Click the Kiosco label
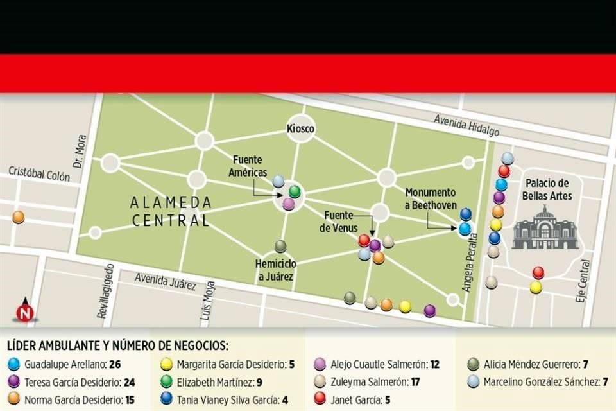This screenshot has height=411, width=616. pyautogui.click(x=300, y=130)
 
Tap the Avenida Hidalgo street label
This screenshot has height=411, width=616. pyautogui.click(x=466, y=125)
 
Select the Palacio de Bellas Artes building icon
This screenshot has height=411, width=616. pyautogui.click(x=545, y=228)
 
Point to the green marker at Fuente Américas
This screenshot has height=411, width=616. pyautogui.click(x=295, y=191)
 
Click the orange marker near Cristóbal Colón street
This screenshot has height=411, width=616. pyautogui.click(x=19, y=217)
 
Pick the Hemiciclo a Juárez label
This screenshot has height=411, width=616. pyautogui.click(x=275, y=270)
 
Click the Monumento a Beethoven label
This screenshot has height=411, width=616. pyautogui.click(x=431, y=198)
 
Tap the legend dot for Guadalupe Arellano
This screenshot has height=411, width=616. pyautogui.click(x=14, y=365)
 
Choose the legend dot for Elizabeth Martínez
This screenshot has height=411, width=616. pyautogui.click(x=166, y=382)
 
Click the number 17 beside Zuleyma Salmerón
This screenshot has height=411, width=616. pyautogui.click(x=416, y=382)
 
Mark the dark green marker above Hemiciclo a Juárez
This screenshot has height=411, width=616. pyautogui.click(x=280, y=246)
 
